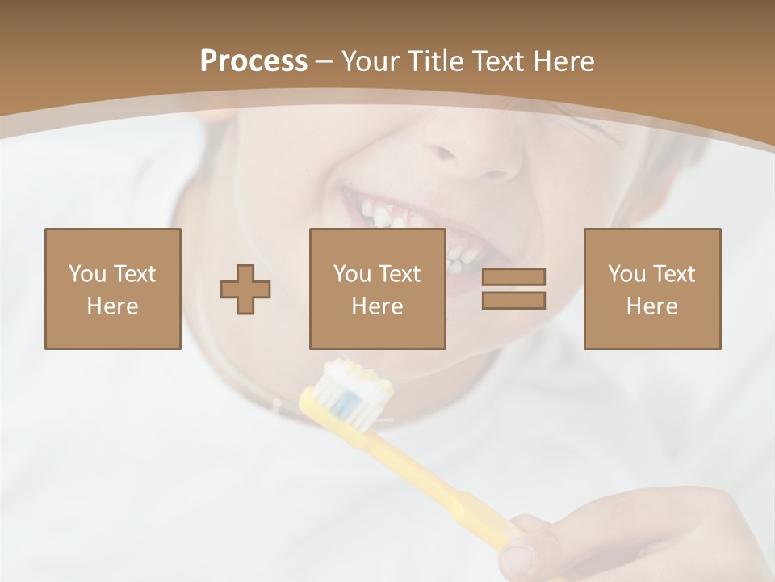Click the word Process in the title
pyautogui.click(x=253, y=61)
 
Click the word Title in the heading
pyautogui.click(x=436, y=61)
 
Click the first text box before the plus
pyautogui.click(x=112, y=289)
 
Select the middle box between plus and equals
pyautogui.click(x=377, y=289)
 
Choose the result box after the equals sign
pyautogui.click(x=651, y=289)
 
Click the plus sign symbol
pyautogui.click(x=245, y=289)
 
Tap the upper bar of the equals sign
pyautogui.click(x=513, y=276)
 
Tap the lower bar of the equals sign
pyautogui.click(x=513, y=300)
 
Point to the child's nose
pyautogui.click(x=476, y=158)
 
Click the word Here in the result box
pyautogui.click(x=651, y=306)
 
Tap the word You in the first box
pyautogui.click(x=87, y=274)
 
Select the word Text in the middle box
pyautogui.click(x=400, y=274)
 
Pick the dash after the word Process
pyautogui.click(x=325, y=61)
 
